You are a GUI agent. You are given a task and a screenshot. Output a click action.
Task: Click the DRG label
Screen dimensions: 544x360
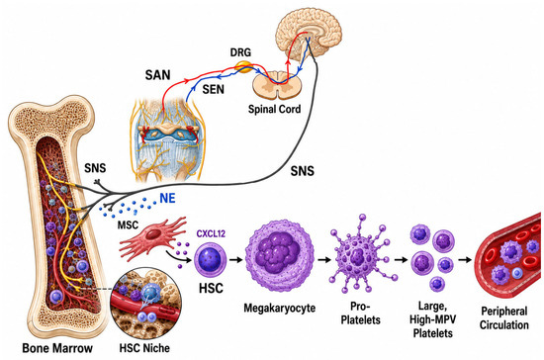[x=240, y=52]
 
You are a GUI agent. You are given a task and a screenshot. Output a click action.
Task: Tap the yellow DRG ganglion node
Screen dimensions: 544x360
[x=244, y=66]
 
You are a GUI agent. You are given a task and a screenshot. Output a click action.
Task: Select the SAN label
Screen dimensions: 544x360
[x=158, y=75]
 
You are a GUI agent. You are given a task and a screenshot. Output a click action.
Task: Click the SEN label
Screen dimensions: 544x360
[x=214, y=89]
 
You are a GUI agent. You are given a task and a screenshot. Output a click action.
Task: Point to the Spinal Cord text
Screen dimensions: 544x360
[x=274, y=109]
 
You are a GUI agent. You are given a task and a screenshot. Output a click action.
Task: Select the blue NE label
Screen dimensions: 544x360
[x=167, y=199]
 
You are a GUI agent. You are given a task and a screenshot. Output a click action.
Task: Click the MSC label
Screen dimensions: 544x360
[x=128, y=225]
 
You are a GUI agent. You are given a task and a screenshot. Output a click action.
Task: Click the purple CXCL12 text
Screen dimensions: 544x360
[x=211, y=233]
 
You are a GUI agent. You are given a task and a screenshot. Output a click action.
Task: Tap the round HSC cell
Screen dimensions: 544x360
[x=210, y=260]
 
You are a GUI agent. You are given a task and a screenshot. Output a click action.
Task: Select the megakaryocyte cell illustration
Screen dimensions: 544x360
[x=280, y=256]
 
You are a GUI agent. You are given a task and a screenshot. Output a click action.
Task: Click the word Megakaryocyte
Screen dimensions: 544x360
[x=280, y=308]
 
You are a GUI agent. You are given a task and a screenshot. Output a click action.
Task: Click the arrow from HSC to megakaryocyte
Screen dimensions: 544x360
[x=236, y=260]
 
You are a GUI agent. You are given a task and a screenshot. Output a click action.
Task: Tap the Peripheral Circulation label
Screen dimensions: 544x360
[x=504, y=318]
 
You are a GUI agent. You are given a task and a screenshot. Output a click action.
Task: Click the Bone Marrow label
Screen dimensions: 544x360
[x=57, y=348]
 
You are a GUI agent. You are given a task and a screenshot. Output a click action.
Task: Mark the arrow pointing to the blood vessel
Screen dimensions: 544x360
[x=465, y=260]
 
